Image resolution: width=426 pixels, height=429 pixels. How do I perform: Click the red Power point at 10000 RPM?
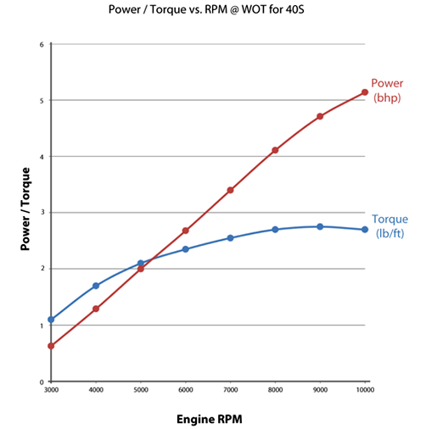[x=364, y=92]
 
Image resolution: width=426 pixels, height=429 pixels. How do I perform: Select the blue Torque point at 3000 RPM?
[x=51, y=320]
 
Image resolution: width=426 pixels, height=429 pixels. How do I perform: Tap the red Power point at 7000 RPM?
[x=230, y=190]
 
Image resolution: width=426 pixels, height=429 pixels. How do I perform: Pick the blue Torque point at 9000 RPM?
[x=320, y=226]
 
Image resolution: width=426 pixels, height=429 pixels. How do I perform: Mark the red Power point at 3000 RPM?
[x=51, y=346]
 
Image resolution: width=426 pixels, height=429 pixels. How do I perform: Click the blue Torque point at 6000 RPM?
[x=185, y=248]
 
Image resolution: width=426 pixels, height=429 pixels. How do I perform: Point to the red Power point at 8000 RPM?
[x=275, y=150]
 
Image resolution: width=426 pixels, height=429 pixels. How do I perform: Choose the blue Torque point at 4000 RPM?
[x=96, y=286]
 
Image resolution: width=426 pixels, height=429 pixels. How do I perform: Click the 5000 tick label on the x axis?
[x=141, y=389]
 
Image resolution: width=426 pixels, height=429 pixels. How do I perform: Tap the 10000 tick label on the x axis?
[x=364, y=389]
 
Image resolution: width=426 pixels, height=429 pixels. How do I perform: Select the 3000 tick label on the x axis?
[x=51, y=389]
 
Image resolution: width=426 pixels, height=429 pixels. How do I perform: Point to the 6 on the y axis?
[x=41, y=44]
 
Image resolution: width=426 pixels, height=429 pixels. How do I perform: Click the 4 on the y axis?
[x=41, y=157]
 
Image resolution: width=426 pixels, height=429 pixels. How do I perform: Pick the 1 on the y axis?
[x=41, y=326]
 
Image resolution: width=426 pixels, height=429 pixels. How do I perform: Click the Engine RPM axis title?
[x=208, y=418]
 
